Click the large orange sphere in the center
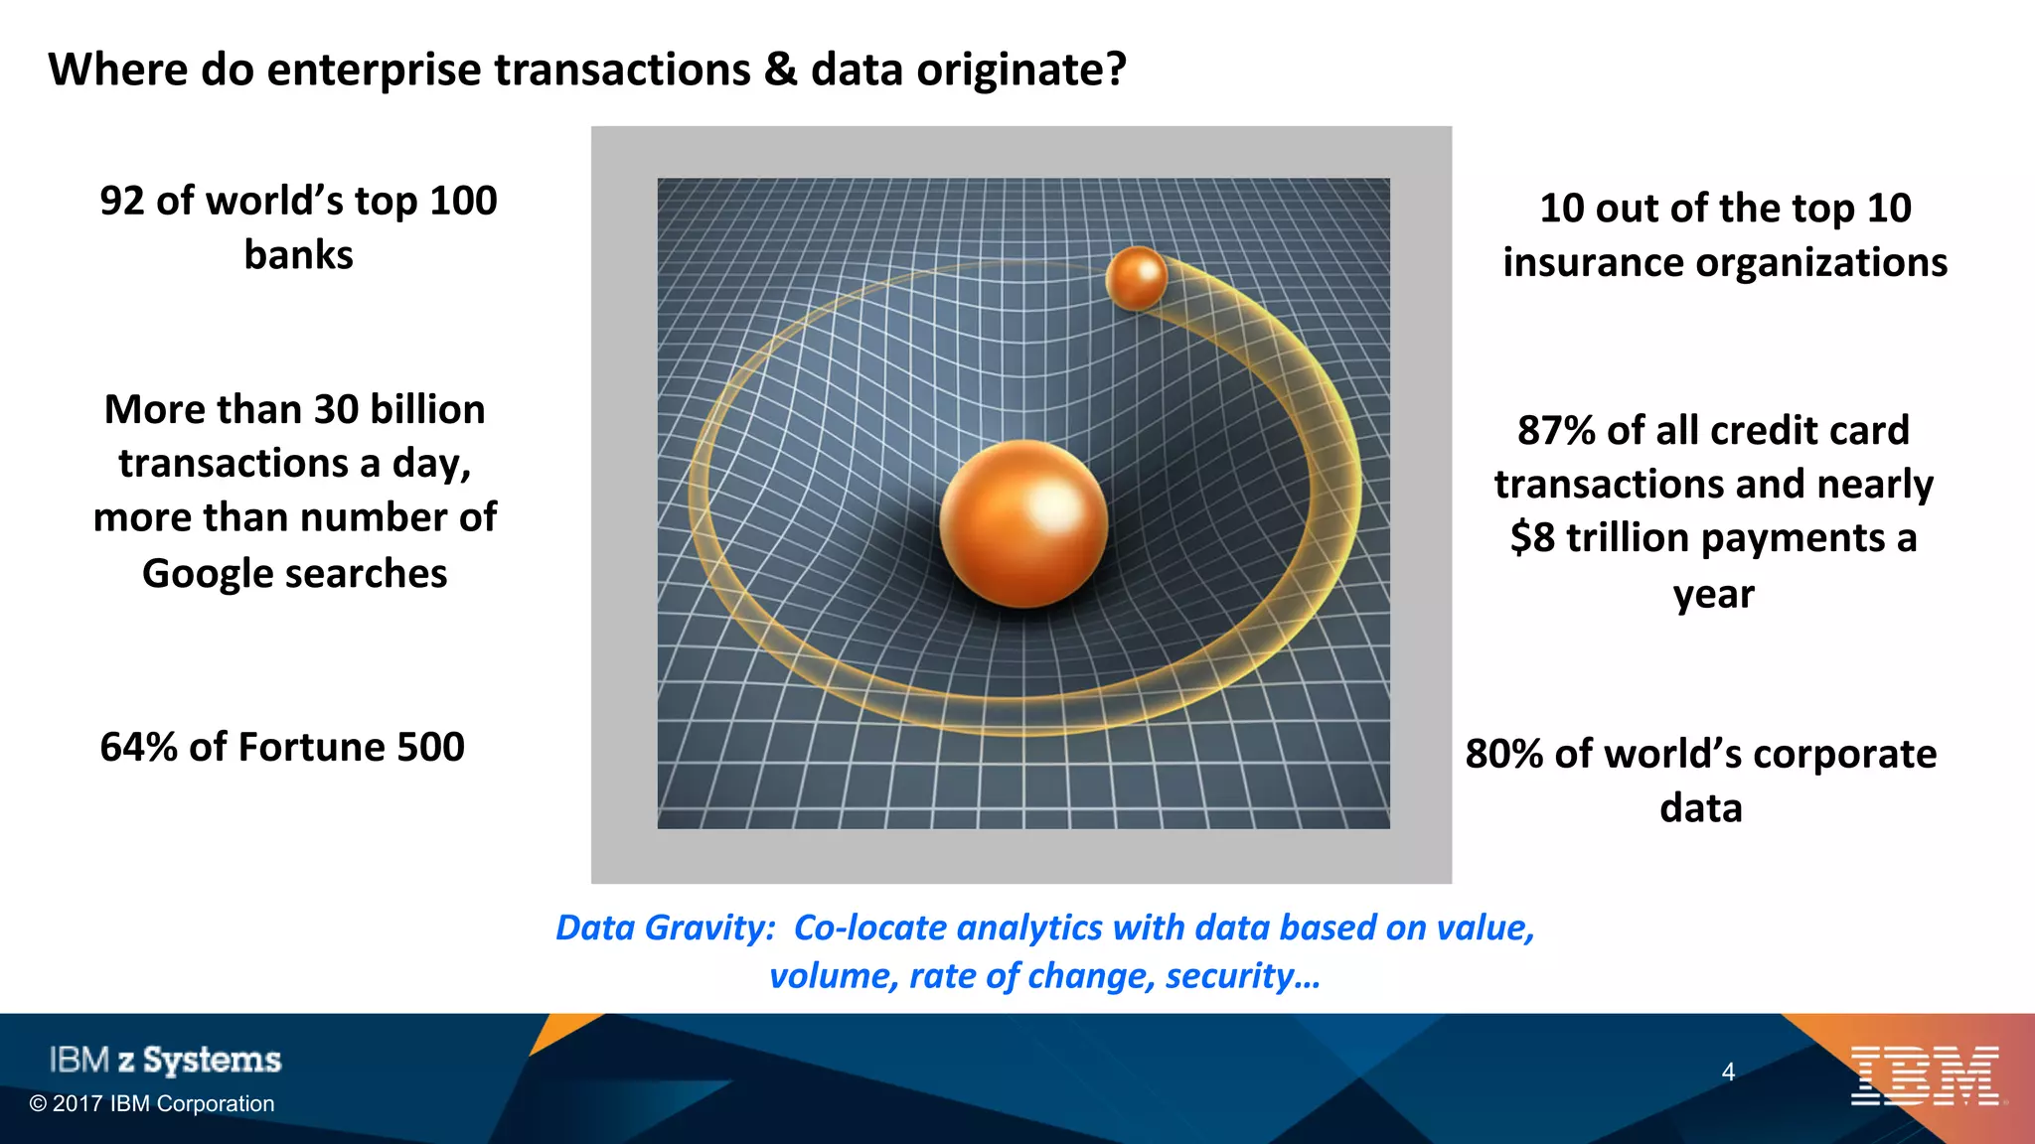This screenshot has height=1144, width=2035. point(1023,523)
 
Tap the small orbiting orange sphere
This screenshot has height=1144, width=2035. point(1136,277)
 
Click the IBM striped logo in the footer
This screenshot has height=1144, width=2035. point(1925,1075)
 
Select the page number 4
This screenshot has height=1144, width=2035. point(1728,1072)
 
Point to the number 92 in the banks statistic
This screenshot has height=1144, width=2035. point(122,201)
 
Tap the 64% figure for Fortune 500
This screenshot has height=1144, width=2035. point(138,747)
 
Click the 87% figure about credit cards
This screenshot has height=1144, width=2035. point(1555,430)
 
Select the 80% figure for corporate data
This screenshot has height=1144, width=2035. point(1503,754)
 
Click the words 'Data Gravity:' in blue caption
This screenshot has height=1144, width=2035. point(665,928)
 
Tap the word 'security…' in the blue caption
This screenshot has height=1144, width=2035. point(1242,976)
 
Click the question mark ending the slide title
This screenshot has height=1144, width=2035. point(1116,70)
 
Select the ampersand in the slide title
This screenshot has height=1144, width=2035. point(781,70)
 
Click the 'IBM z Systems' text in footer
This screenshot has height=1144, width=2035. point(165,1060)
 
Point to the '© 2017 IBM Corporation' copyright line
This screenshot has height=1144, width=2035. point(151,1103)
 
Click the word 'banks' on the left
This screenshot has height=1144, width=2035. point(298,255)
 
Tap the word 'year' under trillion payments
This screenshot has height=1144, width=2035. point(1713,594)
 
